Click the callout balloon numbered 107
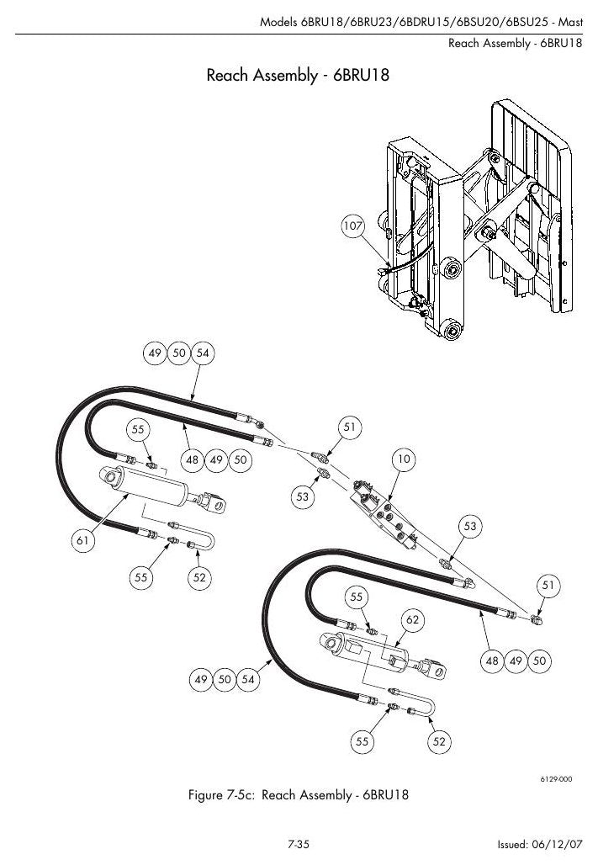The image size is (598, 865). click(352, 226)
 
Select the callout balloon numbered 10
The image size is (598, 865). click(404, 459)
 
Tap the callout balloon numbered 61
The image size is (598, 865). click(82, 540)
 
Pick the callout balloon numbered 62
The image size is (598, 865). click(413, 619)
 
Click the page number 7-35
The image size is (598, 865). click(299, 844)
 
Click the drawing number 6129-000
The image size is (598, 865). click(556, 779)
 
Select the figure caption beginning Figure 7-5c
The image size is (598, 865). click(299, 795)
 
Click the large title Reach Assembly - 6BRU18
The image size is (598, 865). click(298, 75)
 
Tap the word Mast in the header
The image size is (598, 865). click(570, 22)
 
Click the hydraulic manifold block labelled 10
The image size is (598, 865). click(384, 514)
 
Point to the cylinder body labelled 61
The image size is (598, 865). click(149, 486)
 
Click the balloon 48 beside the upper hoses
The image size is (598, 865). click(193, 459)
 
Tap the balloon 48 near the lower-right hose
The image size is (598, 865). click(491, 661)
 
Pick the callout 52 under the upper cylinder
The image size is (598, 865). click(199, 577)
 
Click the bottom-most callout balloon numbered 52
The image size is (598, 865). click(439, 741)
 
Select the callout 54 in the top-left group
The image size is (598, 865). click(203, 353)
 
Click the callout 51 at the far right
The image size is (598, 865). click(548, 585)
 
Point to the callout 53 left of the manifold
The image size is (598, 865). click(302, 496)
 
